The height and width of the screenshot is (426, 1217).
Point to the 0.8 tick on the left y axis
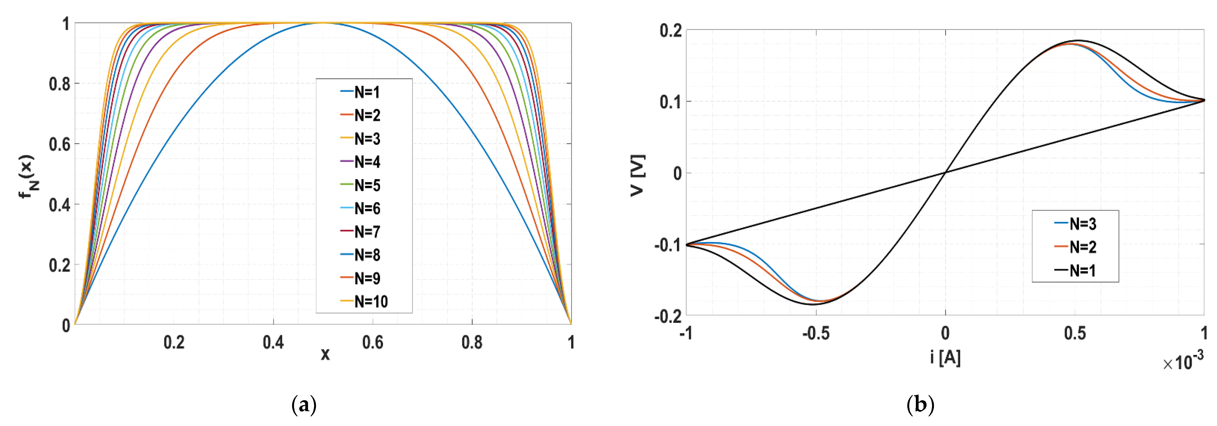tap(60, 84)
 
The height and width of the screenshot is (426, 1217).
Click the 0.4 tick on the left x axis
tap(273, 342)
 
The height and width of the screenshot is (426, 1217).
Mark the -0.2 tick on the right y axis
tap(668, 315)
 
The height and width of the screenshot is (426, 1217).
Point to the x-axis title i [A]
tap(945, 357)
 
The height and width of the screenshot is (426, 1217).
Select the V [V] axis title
tap(638, 175)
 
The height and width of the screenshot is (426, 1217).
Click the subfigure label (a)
tap(304, 405)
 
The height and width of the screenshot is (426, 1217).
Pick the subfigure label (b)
tap(920, 405)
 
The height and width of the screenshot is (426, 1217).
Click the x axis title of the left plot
tap(325, 354)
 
